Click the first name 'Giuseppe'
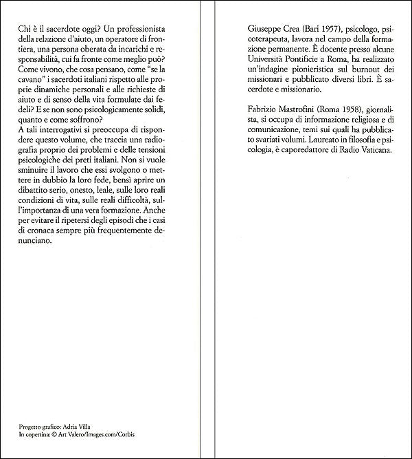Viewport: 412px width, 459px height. click(x=264, y=32)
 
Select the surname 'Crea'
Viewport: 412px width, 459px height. click(x=298, y=32)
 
